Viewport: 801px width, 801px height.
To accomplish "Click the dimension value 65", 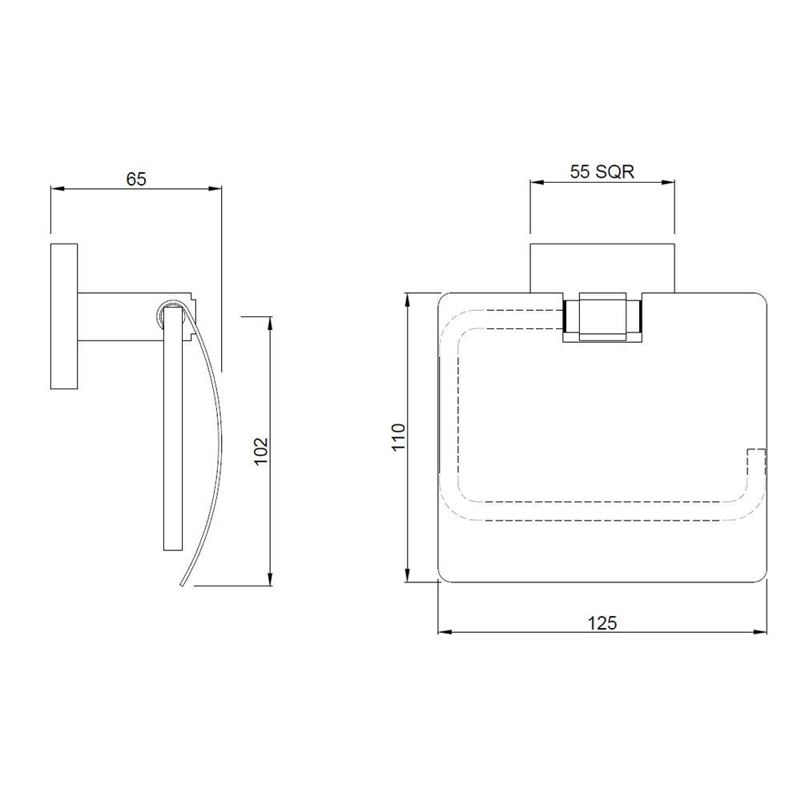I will point(136,179).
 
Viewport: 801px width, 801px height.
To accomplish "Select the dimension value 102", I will point(261,452).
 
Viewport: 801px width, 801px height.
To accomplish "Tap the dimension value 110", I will point(399,438).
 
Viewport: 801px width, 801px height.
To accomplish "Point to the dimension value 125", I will point(602,622).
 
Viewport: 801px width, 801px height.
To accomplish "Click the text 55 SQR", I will point(602,171).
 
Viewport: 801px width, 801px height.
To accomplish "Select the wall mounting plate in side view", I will point(64,316).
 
